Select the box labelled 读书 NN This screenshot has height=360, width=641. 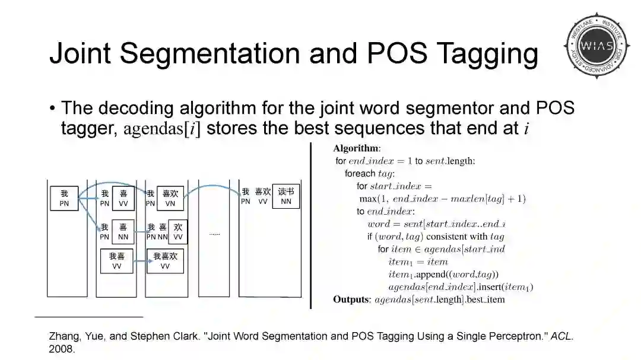(x=285, y=196)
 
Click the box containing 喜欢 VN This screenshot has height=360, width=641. (x=170, y=198)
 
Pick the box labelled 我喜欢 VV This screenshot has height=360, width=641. (x=165, y=261)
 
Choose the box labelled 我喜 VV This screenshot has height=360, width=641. (x=117, y=261)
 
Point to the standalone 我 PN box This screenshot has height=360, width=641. (x=64, y=198)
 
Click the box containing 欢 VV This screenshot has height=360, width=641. (x=178, y=232)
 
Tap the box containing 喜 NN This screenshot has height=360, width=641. (x=123, y=232)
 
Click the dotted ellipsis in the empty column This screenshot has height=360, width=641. (x=214, y=234)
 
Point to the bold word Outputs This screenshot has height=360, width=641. (x=351, y=300)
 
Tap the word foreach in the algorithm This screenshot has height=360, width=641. (x=360, y=174)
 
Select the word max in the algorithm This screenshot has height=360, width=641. (x=369, y=199)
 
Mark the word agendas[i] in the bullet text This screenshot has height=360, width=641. (x=161, y=129)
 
